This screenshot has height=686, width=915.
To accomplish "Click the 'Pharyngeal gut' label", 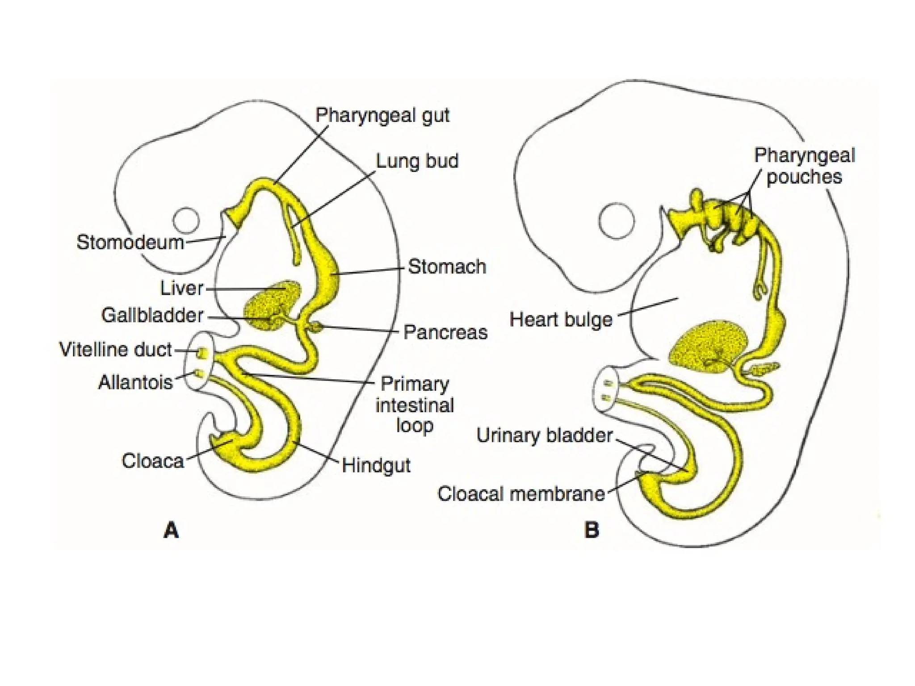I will (382, 115).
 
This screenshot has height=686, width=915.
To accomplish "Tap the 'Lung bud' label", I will (417, 161).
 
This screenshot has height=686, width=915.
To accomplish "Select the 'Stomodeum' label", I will (130, 243).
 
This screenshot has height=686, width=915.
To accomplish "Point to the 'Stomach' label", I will (447, 267).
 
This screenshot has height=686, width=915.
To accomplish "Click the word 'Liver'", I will (181, 288).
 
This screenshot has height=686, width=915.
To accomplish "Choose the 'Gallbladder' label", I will (152, 315).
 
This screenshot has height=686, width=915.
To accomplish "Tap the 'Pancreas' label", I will (445, 332).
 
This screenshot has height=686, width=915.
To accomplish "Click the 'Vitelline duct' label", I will (115, 350).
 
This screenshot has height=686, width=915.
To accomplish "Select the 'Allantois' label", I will (135, 382).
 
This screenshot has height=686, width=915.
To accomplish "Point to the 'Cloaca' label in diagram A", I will (153, 461).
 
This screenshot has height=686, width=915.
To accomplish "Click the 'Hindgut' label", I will (376, 465).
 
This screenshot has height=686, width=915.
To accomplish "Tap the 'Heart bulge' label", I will (561, 320).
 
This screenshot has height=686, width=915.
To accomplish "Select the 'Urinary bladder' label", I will (544, 435).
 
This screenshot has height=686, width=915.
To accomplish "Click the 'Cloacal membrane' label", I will (521, 494).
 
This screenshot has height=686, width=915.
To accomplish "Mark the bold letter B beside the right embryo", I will (592, 530).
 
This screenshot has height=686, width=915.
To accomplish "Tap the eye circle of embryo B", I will (616, 221).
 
